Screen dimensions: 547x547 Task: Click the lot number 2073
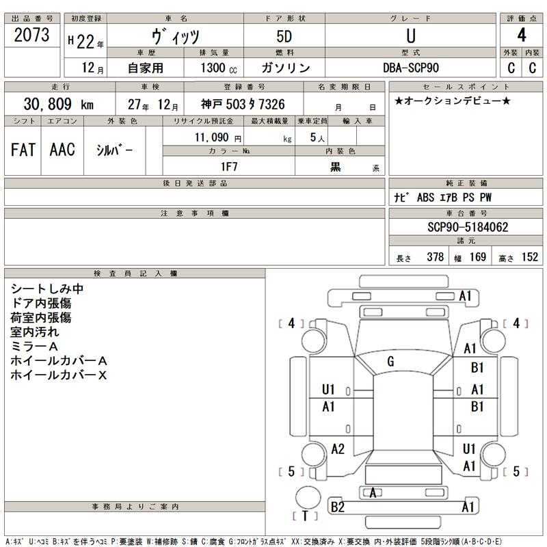pyautogui.click(x=31, y=36)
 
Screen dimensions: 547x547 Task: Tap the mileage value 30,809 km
pyautogui.click(x=58, y=104)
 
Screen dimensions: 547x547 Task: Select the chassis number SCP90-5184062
pyautogui.click(x=465, y=227)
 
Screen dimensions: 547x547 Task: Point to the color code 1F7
pyautogui.click(x=228, y=165)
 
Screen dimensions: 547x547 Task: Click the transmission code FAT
pyautogui.click(x=23, y=149)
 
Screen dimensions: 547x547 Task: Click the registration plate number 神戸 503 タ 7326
pyautogui.click(x=243, y=105)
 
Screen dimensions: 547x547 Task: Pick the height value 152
pyautogui.click(x=529, y=257)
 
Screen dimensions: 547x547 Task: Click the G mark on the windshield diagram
pyautogui.click(x=390, y=360)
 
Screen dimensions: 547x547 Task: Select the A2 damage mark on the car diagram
pyautogui.click(x=338, y=449)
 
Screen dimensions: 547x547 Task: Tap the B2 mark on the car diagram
pyautogui.click(x=337, y=507)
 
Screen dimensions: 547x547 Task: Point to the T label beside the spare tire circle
pyautogui.click(x=305, y=516)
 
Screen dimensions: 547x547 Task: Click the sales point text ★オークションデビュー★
pyautogui.click(x=452, y=101)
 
